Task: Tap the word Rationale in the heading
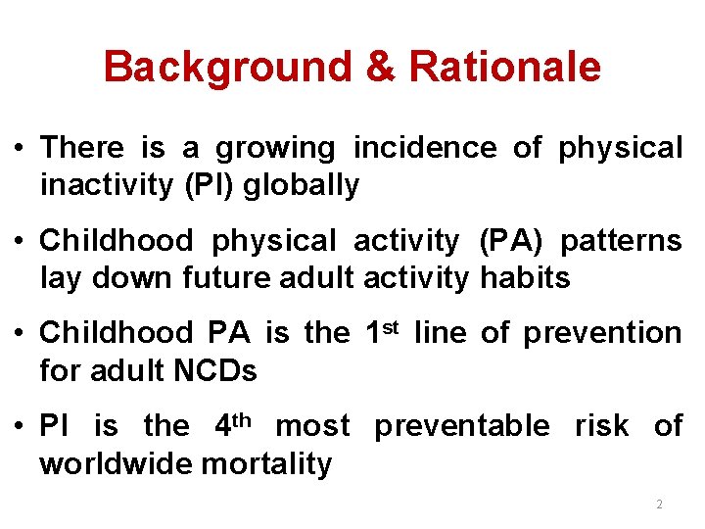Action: (x=504, y=68)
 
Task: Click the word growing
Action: (x=275, y=149)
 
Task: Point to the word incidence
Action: (x=425, y=148)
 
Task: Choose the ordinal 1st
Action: (x=382, y=332)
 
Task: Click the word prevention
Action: (x=602, y=333)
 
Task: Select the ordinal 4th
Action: (x=233, y=425)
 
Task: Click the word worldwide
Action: (x=116, y=463)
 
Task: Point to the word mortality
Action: (x=266, y=464)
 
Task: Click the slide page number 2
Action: (x=659, y=505)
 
